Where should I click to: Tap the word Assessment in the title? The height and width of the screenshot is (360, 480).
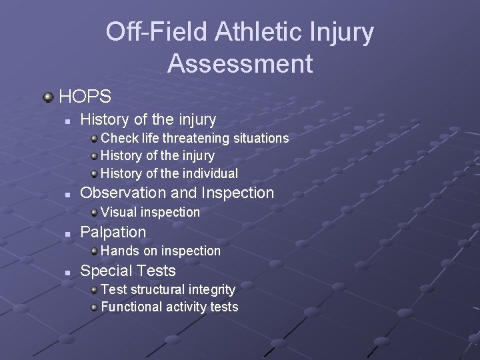point(240,64)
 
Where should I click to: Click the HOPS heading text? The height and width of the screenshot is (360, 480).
point(85,97)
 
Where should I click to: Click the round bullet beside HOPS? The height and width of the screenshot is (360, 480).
point(48,97)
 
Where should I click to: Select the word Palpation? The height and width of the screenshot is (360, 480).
point(113,232)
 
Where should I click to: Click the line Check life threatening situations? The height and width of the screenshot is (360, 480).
point(195,138)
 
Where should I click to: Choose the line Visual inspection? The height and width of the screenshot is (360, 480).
point(150,212)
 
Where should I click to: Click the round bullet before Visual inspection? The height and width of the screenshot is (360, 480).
point(95,213)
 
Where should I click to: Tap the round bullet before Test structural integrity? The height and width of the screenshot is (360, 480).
point(95,290)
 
